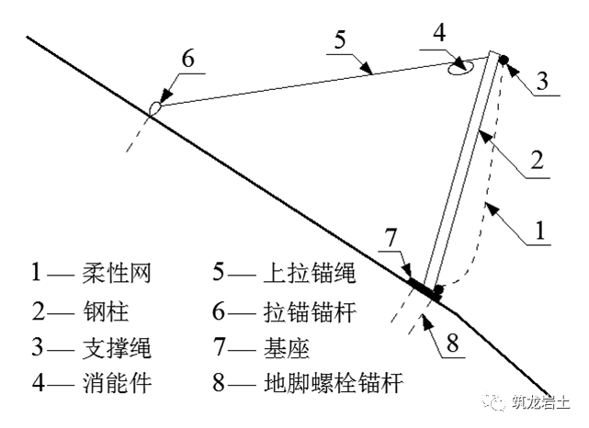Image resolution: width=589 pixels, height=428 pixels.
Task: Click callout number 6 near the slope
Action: tap(187, 58)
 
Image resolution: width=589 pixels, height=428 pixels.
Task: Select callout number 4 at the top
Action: tap(439, 33)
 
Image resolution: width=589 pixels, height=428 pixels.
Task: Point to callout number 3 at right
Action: tap(542, 81)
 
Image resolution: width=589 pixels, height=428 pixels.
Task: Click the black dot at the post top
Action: tap(504, 61)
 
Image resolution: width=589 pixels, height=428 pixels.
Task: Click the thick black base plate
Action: tap(423, 286)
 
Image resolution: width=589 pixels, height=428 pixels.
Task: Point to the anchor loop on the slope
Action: tap(156, 107)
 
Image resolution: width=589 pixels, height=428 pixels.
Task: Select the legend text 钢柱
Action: tap(101, 310)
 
